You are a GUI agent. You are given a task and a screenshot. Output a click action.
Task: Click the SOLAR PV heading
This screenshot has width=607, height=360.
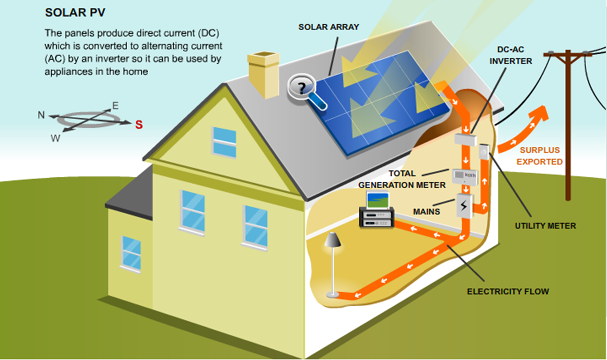pyautogui.click(x=75, y=13)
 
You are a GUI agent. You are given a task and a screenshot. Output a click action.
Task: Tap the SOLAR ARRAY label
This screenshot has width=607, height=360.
pyautogui.click(x=329, y=27)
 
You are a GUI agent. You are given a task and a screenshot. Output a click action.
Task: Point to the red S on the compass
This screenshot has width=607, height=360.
pyautogui.click(x=138, y=125)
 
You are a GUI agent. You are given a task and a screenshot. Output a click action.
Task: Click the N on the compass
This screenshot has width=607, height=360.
pyautogui.click(x=41, y=115)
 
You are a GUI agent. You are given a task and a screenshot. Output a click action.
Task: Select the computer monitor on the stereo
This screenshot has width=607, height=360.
pyautogui.click(x=378, y=200)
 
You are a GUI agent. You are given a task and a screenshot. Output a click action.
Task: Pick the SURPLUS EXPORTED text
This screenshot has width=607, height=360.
pyautogui.click(x=539, y=156)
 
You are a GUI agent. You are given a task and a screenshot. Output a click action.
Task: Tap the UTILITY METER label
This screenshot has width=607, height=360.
pyautogui.click(x=545, y=226)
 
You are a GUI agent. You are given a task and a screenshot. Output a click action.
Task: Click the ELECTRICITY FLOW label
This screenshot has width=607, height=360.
pyautogui.click(x=508, y=292)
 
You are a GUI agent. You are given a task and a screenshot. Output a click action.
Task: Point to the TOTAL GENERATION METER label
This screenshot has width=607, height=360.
pyautogui.click(x=402, y=180)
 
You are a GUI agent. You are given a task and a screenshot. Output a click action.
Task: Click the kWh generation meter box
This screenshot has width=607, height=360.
pyautogui.click(x=464, y=176)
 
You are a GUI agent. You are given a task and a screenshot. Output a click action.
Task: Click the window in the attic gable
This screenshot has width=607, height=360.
pyautogui.click(x=224, y=142)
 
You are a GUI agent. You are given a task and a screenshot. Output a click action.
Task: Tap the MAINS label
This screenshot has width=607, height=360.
pyautogui.click(x=426, y=211)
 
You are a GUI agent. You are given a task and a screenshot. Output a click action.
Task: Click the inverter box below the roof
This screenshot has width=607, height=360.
pyautogui.click(x=465, y=139)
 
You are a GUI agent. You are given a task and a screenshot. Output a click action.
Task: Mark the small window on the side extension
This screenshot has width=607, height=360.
pyautogui.click(x=131, y=252)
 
